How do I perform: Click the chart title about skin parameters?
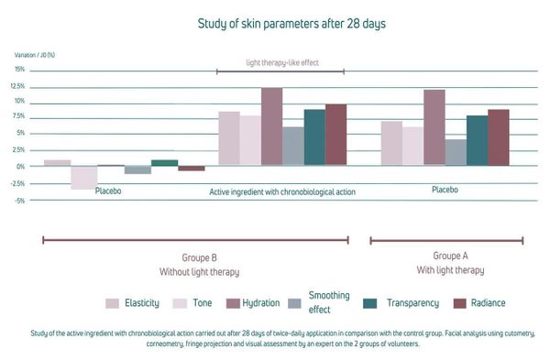pyautogui.click(x=291, y=24)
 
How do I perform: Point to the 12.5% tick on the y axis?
pyautogui.click(x=19, y=86)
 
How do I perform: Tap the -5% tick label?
pyautogui.click(x=19, y=201)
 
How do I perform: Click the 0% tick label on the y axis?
pyautogui.click(x=21, y=167)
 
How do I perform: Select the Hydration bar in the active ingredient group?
pyautogui.click(x=272, y=126)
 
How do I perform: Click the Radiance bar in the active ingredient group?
pyautogui.click(x=336, y=135)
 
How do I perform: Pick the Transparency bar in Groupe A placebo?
pyautogui.click(x=477, y=140)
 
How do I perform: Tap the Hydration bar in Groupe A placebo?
pyautogui.click(x=434, y=127)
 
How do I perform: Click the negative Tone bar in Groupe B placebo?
pyautogui.click(x=84, y=178)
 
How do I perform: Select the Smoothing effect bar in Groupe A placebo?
pyautogui.click(x=456, y=152)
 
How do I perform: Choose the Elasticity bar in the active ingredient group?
pyautogui.click(x=229, y=138)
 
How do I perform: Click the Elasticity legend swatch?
pyautogui.click(x=112, y=303)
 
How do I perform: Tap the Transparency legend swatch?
pyautogui.click(x=370, y=303)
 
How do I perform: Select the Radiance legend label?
pyautogui.click(x=488, y=303)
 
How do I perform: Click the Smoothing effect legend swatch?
pyautogui.click(x=294, y=303)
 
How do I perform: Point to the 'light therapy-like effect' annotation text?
pyautogui.click(x=282, y=62)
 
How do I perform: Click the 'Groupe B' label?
pyautogui.click(x=199, y=258)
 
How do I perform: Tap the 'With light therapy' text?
pyautogui.click(x=450, y=270)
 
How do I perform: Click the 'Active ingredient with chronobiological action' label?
pyautogui.click(x=282, y=192)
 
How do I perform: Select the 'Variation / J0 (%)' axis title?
pyautogui.click(x=35, y=55)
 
